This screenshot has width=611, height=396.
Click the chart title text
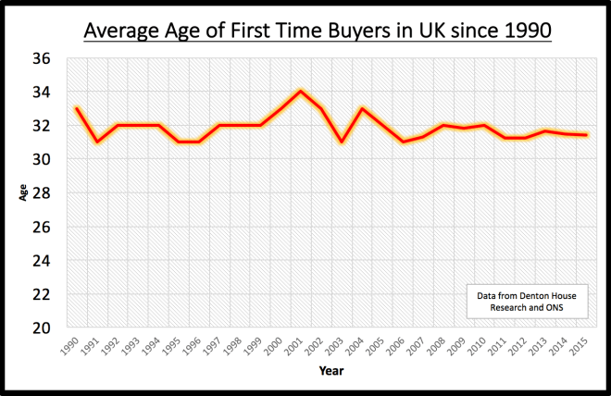(318, 31)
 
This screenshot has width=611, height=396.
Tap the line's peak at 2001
(300, 92)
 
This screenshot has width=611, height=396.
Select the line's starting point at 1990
(76, 108)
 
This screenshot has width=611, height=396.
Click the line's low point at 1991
(96, 142)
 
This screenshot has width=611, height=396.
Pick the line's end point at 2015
(586, 135)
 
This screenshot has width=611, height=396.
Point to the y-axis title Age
(22, 192)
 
